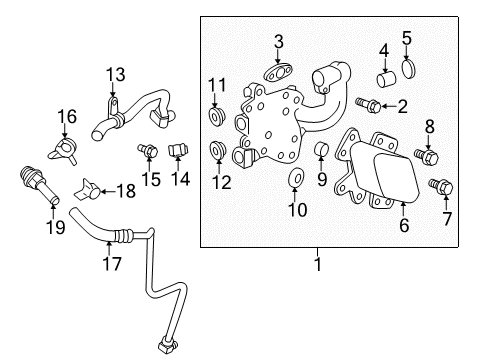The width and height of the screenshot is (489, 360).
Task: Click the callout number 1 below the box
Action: click(x=318, y=266)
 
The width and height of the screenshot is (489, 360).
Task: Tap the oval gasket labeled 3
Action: click(x=279, y=69)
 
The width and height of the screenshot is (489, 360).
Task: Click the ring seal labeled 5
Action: click(x=407, y=68)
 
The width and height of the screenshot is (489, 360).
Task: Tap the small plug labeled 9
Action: click(x=322, y=151)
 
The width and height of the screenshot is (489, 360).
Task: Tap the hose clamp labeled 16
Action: click(x=68, y=146)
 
